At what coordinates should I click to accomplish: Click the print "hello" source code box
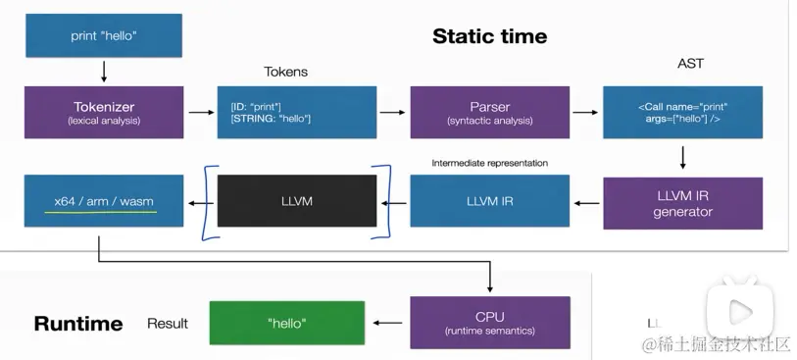point(104,35)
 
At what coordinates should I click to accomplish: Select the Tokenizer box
point(104,113)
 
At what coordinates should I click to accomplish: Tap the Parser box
point(490,113)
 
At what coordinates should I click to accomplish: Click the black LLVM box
point(297,201)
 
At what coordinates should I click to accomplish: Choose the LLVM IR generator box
point(682,203)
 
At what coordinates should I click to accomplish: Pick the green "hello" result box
point(287,323)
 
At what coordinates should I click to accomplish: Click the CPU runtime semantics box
point(490,323)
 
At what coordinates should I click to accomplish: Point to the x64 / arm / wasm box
point(104,201)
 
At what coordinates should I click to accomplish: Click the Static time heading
point(490,36)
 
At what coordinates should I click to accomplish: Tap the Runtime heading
point(78,324)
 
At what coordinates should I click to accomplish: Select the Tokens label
point(285,72)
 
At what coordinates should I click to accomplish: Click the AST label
point(690,64)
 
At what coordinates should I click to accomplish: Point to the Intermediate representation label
point(490,163)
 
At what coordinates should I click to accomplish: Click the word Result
point(168,324)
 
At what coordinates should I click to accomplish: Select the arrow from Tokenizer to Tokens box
point(201,112)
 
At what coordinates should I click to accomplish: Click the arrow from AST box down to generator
point(682,158)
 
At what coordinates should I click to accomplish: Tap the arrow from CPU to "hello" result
point(388,323)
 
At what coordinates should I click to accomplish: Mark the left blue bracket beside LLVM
point(210,202)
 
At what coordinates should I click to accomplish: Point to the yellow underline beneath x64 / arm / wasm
point(101,212)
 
